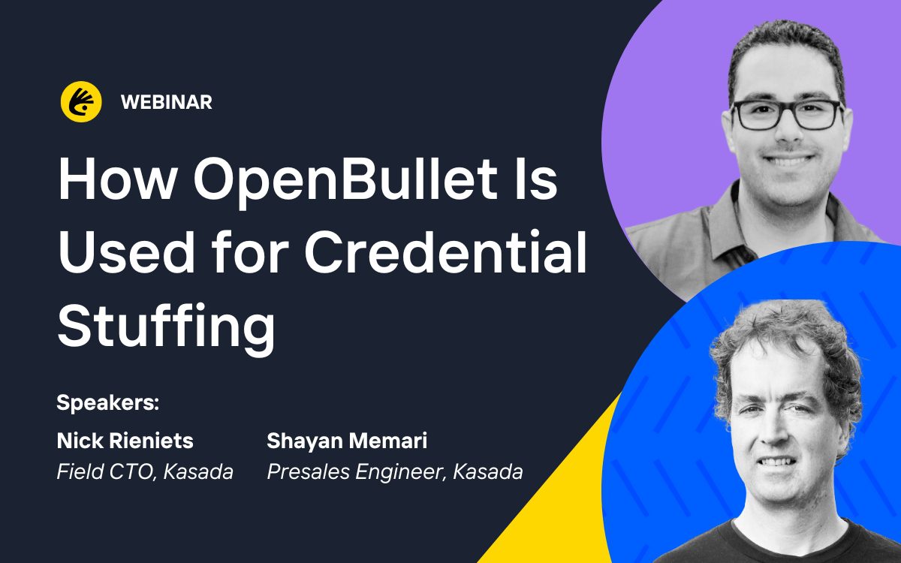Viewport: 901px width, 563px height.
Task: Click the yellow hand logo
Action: pos(81,102)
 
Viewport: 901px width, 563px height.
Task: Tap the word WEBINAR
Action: pos(167,102)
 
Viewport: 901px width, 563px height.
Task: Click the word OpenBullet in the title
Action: pos(346,179)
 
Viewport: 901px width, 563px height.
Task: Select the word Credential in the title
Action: pos(444,251)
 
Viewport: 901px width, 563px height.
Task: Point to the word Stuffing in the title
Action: pos(166,325)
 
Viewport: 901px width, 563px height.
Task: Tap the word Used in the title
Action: pos(126,251)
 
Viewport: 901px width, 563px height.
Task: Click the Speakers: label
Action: pos(108,402)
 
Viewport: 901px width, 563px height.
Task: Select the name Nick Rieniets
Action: pos(125,441)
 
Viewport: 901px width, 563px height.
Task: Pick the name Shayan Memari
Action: pos(347,441)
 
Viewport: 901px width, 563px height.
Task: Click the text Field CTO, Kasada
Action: pos(145,471)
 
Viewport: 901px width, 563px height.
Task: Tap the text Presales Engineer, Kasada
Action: pos(395,471)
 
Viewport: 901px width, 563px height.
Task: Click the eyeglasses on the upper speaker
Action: pos(787,115)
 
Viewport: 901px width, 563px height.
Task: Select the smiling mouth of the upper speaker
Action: pos(788,160)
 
